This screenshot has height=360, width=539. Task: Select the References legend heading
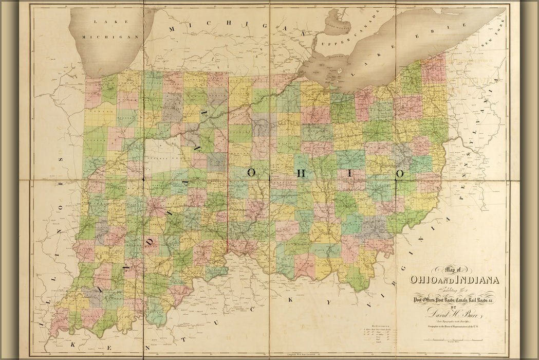(x=381, y=326)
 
